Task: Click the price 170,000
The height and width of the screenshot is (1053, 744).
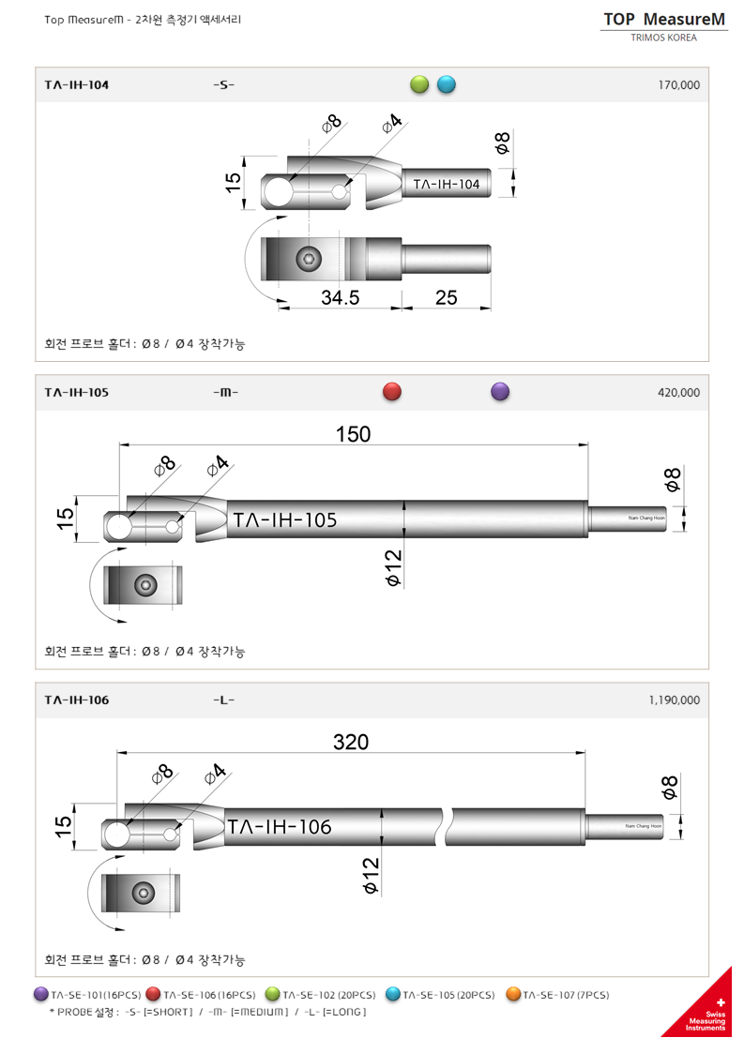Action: pos(679,84)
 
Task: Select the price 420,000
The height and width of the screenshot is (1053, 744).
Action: pos(679,392)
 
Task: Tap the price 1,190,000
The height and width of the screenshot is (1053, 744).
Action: pos(674,699)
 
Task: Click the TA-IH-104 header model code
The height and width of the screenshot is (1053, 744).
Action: pos(76,84)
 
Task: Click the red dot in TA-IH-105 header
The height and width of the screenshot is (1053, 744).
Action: pos(392,392)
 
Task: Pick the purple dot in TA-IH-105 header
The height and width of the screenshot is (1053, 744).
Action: pos(500,392)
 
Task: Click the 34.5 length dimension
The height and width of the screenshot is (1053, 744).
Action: pos(341,297)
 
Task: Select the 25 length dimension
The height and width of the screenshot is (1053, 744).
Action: pos(447,297)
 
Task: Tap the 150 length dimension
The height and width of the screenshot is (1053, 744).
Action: pos(353,434)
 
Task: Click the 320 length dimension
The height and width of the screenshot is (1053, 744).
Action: pos(351,742)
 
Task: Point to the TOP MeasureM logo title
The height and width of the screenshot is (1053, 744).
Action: pos(664,19)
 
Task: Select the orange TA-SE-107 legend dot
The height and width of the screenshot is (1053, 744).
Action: pos(513,994)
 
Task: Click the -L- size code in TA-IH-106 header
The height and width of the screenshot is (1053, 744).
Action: pos(223,699)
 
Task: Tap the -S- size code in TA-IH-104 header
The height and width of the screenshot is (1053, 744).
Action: pos(223,84)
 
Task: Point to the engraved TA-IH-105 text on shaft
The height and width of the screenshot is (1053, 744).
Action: pos(284,519)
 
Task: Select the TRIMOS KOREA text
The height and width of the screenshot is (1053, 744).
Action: pos(664,38)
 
